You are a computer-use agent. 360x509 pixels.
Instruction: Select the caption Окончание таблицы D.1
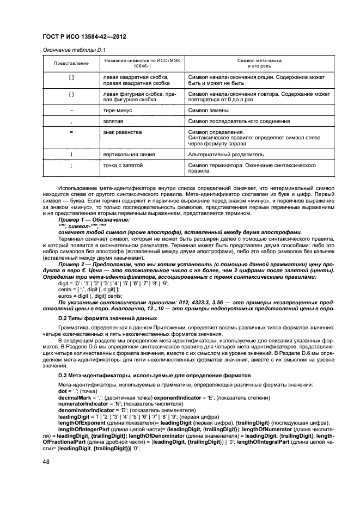tap(74, 50)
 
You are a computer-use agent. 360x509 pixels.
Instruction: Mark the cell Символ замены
tap(208, 110)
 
